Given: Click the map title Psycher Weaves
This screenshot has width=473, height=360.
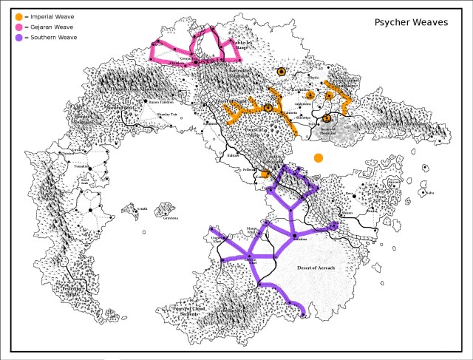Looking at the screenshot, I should [x=410, y=23].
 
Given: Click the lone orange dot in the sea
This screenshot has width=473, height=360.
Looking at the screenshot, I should [x=319, y=158].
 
